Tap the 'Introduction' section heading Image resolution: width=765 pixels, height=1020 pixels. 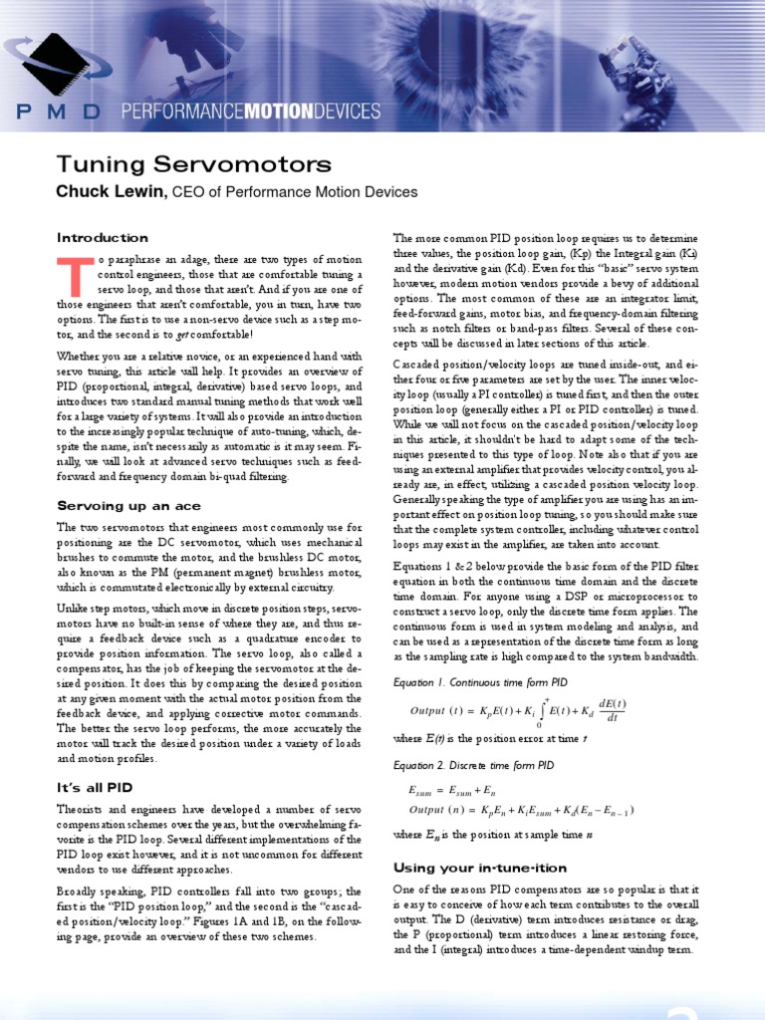coord(103,238)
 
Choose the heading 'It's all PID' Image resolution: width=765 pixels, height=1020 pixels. coord(95,788)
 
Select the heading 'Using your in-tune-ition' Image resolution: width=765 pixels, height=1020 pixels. coord(478,868)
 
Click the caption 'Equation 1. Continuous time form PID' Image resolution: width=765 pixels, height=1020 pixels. coord(481,683)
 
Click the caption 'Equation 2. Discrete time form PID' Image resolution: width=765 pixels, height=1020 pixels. coord(473,766)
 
